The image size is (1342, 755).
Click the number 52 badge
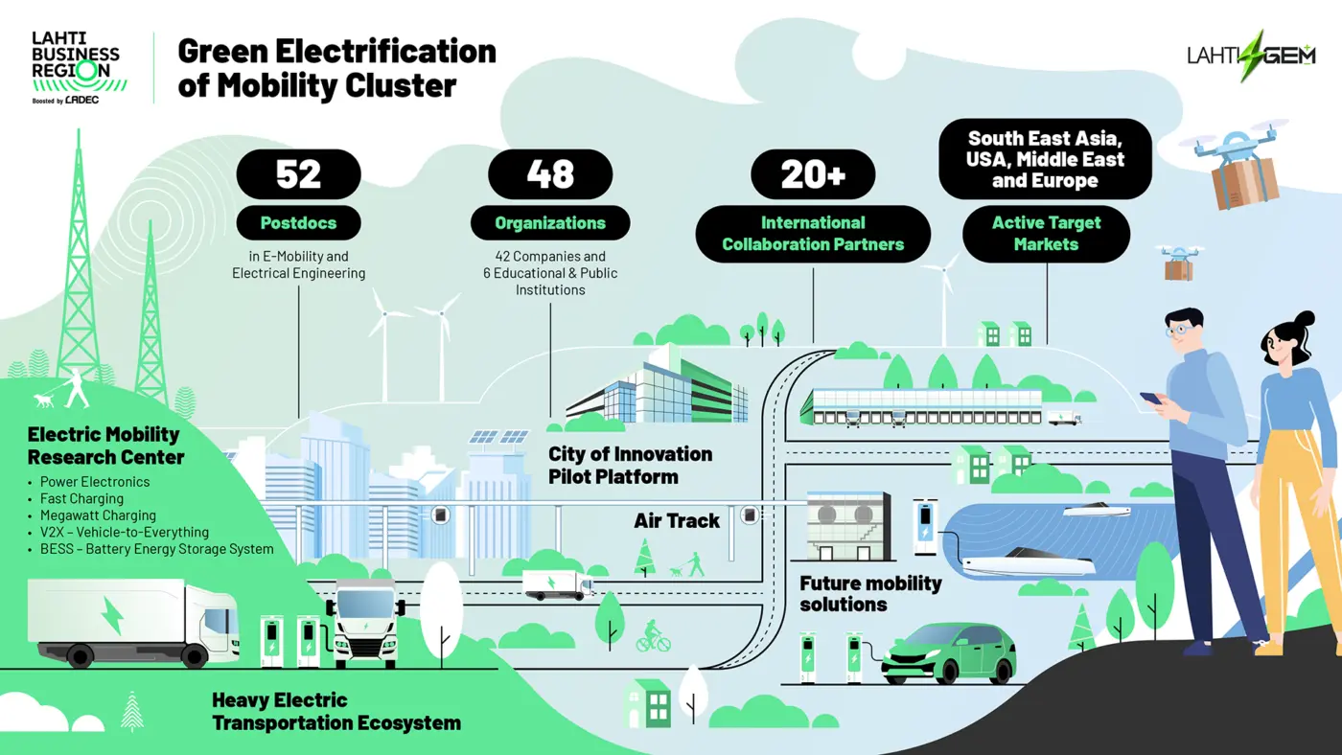pyautogui.click(x=298, y=174)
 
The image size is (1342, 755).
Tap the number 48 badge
pyautogui.click(x=550, y=174)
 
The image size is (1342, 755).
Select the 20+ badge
pyautogui.click(x=813, y=174)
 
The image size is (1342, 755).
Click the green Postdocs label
pyautogui.click(x=298, y=222)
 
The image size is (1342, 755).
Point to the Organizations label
pyautogui.click(x=550, y=222)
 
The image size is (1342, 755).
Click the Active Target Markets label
pyautogui.click(x=1046, y=234)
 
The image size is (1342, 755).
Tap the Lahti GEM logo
pyautogui.click(x=1252, y=56)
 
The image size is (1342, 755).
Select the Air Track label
pyautogui.click(x=677, y=521)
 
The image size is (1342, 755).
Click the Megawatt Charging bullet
pyautogui.click(x=98, y=515)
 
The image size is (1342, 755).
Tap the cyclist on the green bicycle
pyautogui.click(x=653, y=636)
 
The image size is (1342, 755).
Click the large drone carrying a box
pyautogui.click(x=1236, y=164)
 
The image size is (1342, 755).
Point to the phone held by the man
pyautogui.click(x=1150, y=399)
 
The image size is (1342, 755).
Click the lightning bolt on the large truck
pyautogui.click(x=113, y=615)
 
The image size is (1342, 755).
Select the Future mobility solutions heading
pyautogui.click(x=870, y=593)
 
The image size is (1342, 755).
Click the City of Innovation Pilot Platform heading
pyautogui.click(x=631, y=466)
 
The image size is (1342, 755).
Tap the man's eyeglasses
pyautogui.click(x=1177, y=330)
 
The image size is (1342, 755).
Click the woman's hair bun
pyautogui.click(x=1306, y=318)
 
